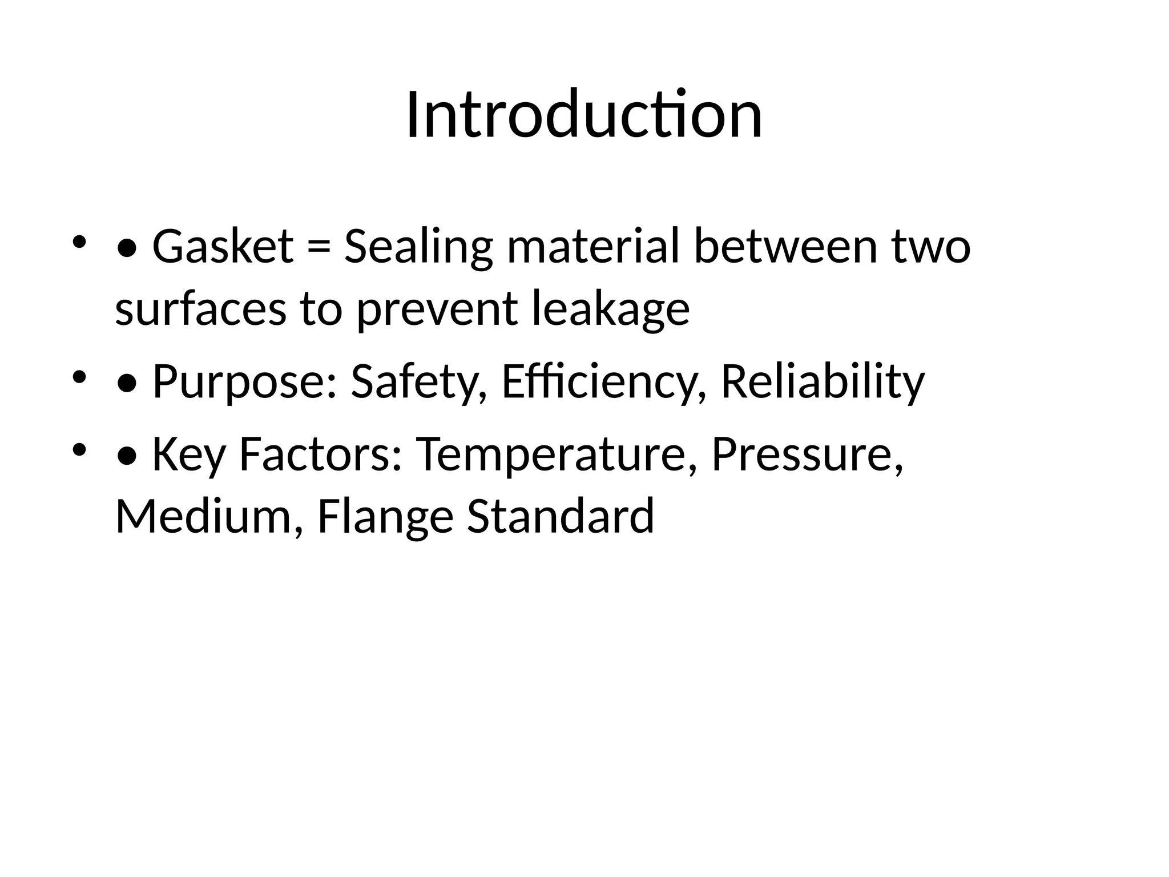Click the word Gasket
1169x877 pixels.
223,247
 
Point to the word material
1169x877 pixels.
593,247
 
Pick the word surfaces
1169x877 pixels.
200,309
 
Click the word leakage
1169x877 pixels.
610,309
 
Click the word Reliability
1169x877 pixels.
823,381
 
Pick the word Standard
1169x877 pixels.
561,517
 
